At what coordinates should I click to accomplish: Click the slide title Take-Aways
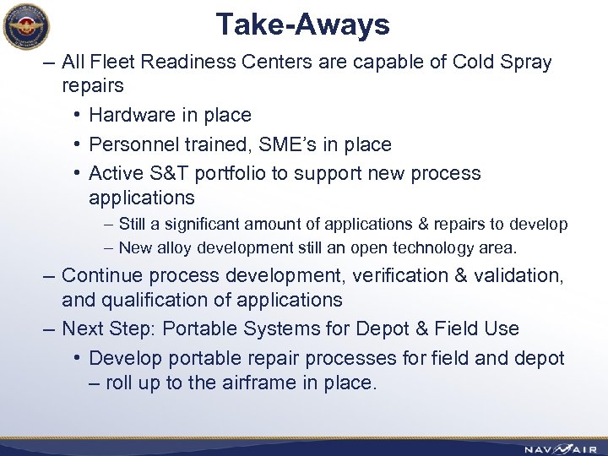pyautogui.click(x=302, y=24)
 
